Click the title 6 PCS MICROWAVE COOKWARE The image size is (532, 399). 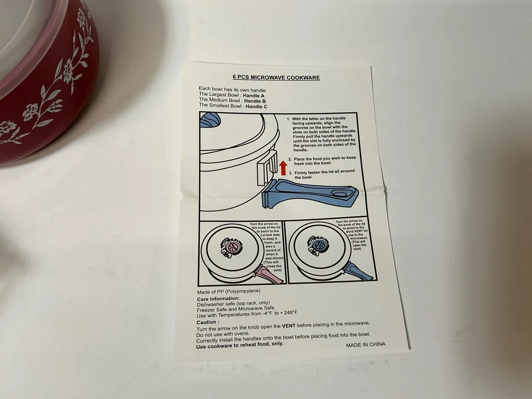(x=276, y=77)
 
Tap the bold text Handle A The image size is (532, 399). (x=254, y=96)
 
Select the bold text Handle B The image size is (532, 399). (x=255, y=101)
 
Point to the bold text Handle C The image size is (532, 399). (x=256, y=106)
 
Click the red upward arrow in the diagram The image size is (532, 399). (x=283, y=168)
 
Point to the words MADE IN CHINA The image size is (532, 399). (x=366, y=345)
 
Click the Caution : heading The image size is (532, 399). (x=208, y=323)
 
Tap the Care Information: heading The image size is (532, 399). (x=218, y=299)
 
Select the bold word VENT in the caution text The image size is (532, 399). (x=289, y=326)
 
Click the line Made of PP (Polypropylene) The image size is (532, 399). (x=229, y=291)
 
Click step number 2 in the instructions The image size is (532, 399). (x=290, y=159)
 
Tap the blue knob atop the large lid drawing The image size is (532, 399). (x=210, y=120)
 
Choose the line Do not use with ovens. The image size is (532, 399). (x=219, y=334)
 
